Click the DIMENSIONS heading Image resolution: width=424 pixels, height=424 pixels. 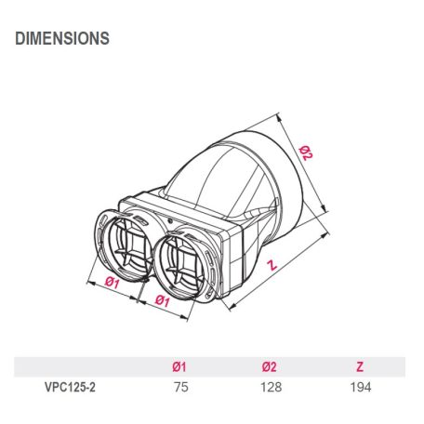tap(62, 38)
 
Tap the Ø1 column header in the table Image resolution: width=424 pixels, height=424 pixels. tap(179, 366)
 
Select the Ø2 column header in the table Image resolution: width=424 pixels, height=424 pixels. tap(269, 366)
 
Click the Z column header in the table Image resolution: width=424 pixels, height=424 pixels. tap(360, 366)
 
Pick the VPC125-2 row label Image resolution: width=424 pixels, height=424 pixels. tap(70, 388)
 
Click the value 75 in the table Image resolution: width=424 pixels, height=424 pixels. tap(181, 388)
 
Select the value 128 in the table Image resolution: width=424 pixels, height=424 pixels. tap(272, 388)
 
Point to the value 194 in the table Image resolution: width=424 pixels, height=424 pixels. tap(361, 388)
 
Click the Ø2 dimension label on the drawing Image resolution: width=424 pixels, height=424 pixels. tap(306, 152)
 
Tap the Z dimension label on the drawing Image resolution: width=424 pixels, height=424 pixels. tap(272, 265)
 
